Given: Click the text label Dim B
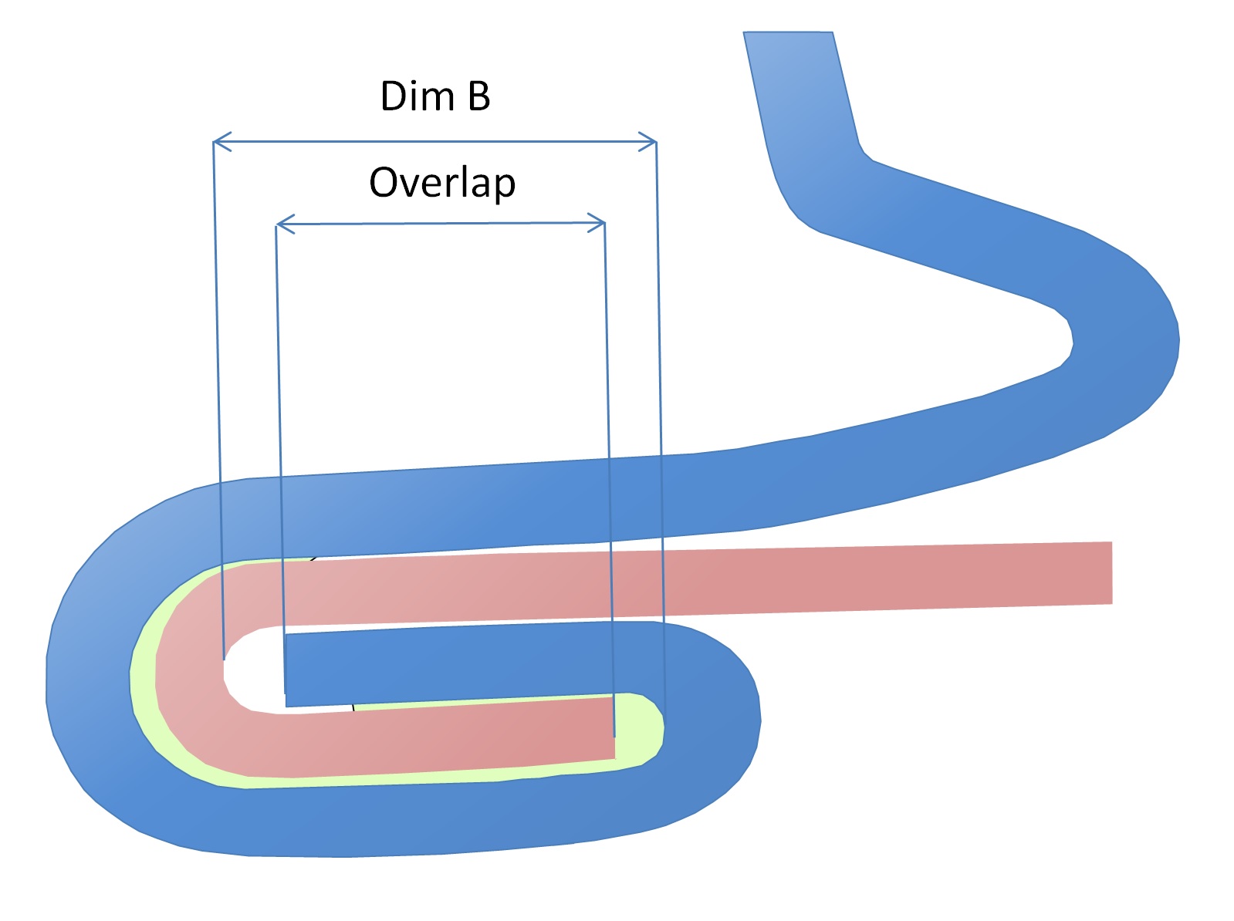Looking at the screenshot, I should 435,97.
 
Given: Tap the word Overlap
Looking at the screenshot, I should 442,184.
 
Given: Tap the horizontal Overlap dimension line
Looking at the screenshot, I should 440,224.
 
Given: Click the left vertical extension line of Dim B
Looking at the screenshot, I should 218,386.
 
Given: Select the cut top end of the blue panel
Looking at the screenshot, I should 788,33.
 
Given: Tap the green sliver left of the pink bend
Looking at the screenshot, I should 144,679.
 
